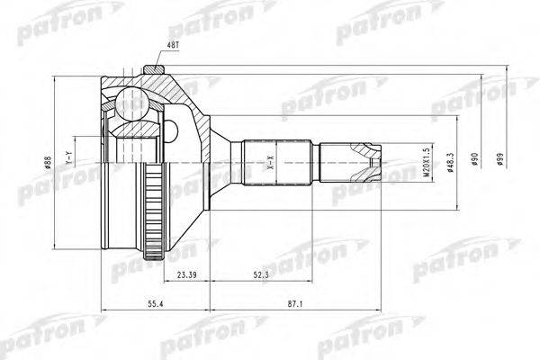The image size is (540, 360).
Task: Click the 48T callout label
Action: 172,44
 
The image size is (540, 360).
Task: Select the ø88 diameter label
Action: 47,165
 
